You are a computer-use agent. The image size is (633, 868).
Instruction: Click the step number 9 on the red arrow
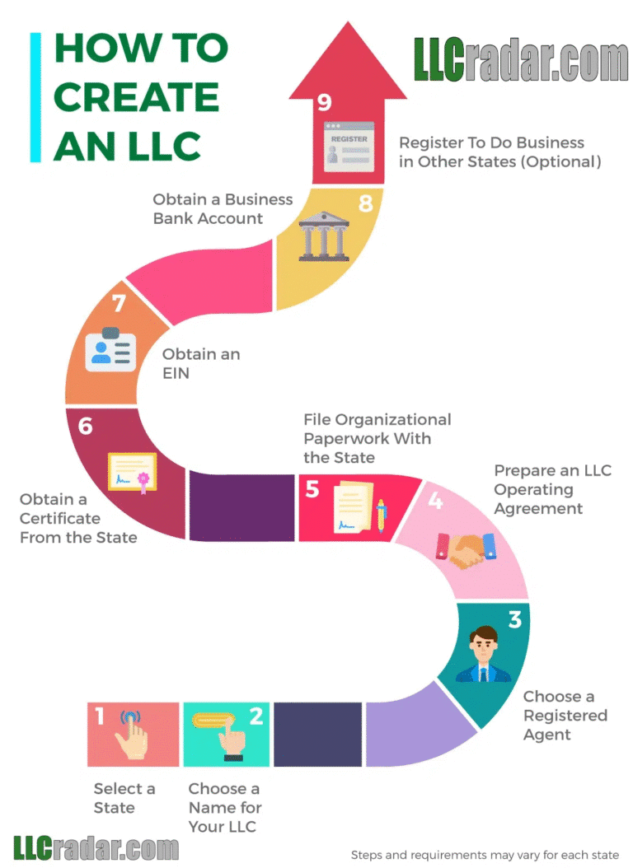(x=325, y=103)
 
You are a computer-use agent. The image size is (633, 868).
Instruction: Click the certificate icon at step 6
(x=132, y=473)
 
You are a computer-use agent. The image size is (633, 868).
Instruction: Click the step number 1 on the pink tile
(x=100, y=716)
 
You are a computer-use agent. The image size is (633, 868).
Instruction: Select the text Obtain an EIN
(x=201, y=364)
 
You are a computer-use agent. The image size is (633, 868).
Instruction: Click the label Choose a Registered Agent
(x=565, y=715)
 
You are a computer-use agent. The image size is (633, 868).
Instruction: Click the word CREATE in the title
(x=136, y=97)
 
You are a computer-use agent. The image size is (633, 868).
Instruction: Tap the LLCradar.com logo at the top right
(x=521, y=60)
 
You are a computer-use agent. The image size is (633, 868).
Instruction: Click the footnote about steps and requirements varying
(x=485, y=855)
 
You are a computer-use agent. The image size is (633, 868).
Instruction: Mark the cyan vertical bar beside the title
(x=35, y=96)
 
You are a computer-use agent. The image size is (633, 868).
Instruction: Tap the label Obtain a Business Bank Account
(x=223, y=208)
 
